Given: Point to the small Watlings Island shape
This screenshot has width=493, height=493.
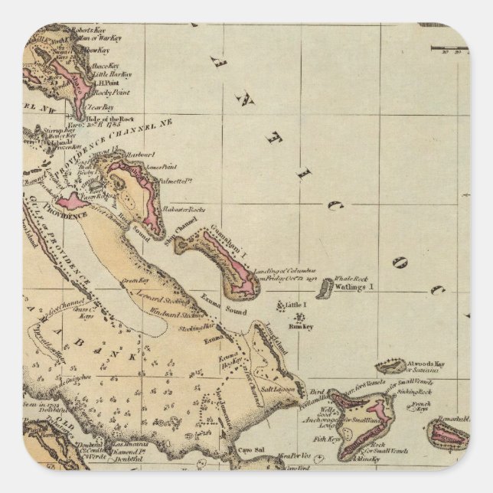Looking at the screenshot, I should tap(326, 288).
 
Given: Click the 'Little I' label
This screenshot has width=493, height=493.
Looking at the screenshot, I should tap(295, 305).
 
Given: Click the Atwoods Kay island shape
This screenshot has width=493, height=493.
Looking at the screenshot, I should tap(390, 367).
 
